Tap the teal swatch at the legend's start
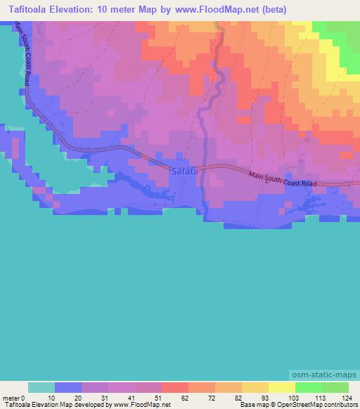41,387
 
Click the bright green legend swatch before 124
335,387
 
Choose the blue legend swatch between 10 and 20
68,387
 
